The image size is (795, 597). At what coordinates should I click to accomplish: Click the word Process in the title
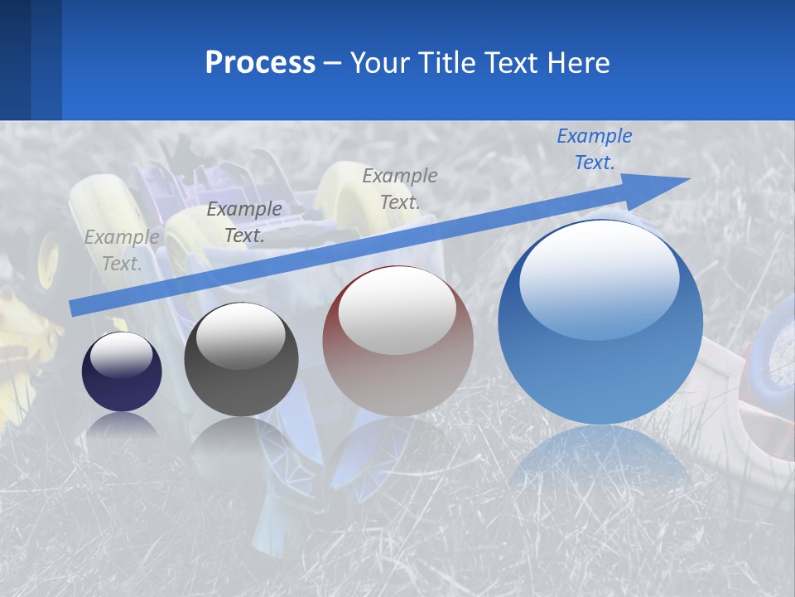point(260,63)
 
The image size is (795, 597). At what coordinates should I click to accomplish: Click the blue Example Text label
point(594,149)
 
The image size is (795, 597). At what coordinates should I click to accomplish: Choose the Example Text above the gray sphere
point(243,222)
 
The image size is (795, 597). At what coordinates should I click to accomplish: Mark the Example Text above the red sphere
point(400,188)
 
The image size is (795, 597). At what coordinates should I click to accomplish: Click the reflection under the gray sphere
point(241,439)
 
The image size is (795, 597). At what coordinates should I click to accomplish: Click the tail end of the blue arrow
point(76,308)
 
